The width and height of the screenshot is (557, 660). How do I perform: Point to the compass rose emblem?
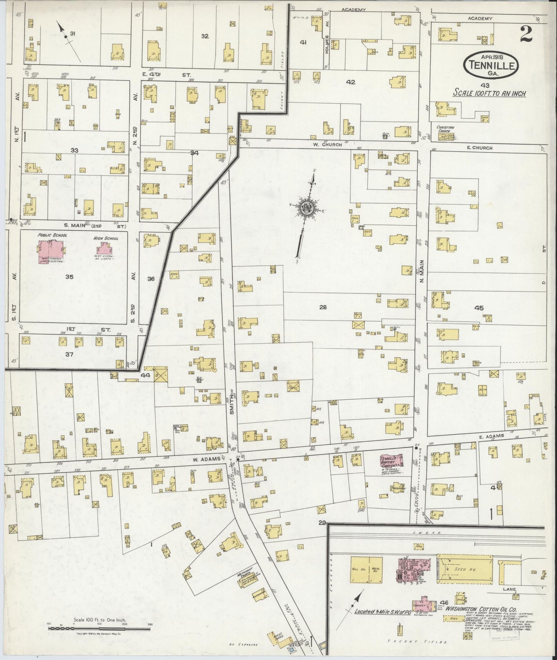click(x=307, y=208)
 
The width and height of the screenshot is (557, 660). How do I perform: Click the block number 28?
click(x=323, y=307)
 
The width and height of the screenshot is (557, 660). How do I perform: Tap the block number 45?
click(x=479, y=308)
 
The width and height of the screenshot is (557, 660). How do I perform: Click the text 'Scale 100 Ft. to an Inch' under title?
click(x=489, y=93)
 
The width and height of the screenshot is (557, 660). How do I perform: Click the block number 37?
click(x=69, y=354)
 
